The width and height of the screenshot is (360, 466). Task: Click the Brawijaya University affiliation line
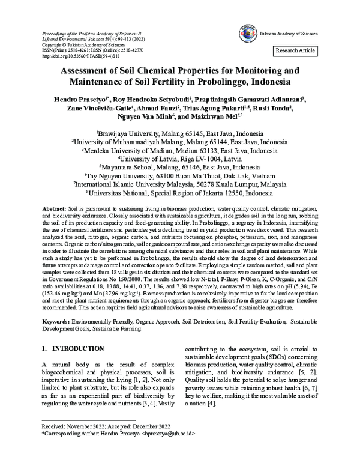(x=179, y=134)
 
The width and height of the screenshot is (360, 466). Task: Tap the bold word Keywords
(x=56, y=322)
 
